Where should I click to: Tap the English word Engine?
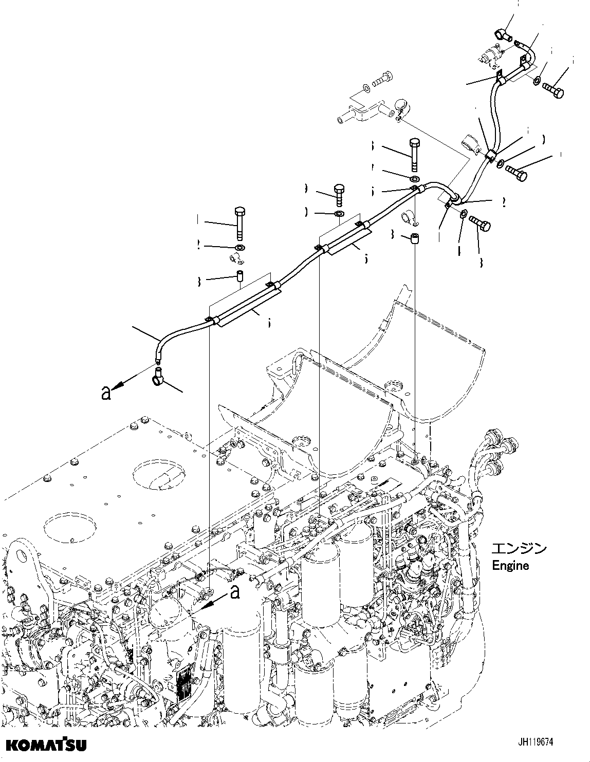(510, 566)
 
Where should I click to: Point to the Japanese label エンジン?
(519, 549)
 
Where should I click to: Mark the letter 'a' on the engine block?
(235, 592)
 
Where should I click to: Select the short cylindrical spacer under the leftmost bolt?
(239, 276)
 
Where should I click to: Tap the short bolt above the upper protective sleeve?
(340, 195)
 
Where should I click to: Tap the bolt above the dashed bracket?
(379, 81)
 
